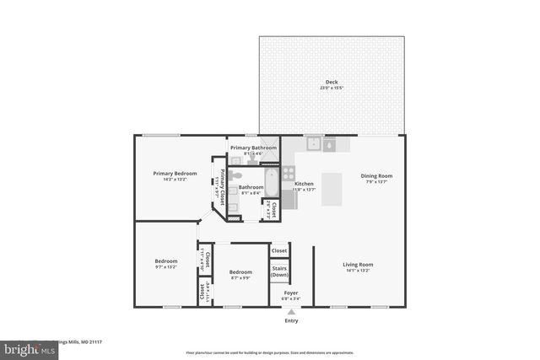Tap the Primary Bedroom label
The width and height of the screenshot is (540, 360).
pos(175,174)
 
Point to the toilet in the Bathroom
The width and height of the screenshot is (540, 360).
pos(237,175)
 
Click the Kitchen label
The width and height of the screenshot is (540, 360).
pos(304,184)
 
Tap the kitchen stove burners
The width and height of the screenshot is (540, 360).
pos(289,173)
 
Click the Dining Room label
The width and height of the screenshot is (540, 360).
pos(376,176)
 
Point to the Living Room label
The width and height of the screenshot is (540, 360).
pos(359,265)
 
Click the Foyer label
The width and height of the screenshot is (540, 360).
pos(279,293)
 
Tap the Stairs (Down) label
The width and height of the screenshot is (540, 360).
pos(279,272)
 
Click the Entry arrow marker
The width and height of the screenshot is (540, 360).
pos(292,311)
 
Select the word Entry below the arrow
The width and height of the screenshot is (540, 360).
pos(292,320)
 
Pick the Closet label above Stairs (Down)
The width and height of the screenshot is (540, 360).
pos(279,250)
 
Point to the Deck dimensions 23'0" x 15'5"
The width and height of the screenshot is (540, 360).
pos(331,88)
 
